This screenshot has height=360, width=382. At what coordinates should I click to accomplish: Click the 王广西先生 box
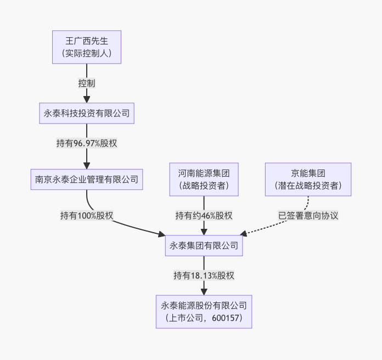tap(87, 47)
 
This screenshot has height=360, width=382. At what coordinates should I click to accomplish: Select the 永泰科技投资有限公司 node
tap(87, 114)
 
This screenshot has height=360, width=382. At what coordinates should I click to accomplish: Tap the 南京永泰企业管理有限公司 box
tap(87, 179)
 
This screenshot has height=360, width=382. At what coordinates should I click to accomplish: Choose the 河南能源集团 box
tap(204, 179)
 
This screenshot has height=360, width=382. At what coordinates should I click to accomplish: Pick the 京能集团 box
tap(308, 179)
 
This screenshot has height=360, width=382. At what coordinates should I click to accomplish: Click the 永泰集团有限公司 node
tap(204, 245)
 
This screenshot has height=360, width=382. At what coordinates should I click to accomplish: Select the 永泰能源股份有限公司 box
tap(204, 311)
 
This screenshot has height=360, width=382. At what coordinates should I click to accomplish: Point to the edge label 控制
tap(87, 83)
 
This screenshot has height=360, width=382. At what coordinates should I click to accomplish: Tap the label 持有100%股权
tap(87, 215)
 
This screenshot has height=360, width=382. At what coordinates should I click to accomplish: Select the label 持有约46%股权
tap(204, 215)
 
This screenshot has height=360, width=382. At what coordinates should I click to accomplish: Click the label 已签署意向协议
tap(308, 215)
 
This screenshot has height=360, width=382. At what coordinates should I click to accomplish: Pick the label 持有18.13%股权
tap(204, 275)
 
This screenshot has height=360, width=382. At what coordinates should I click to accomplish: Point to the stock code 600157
tap(226, 318)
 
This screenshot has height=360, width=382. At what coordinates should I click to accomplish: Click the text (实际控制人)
tap(87, 54)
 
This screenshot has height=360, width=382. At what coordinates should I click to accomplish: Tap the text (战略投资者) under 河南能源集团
tap(204, 186)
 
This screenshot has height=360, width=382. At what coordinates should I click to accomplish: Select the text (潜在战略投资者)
tap(308, 186)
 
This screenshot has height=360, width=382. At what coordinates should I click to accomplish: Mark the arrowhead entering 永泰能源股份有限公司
tap(204, 291)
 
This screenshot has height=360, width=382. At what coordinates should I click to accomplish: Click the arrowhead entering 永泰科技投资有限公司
tap(87, 99)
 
